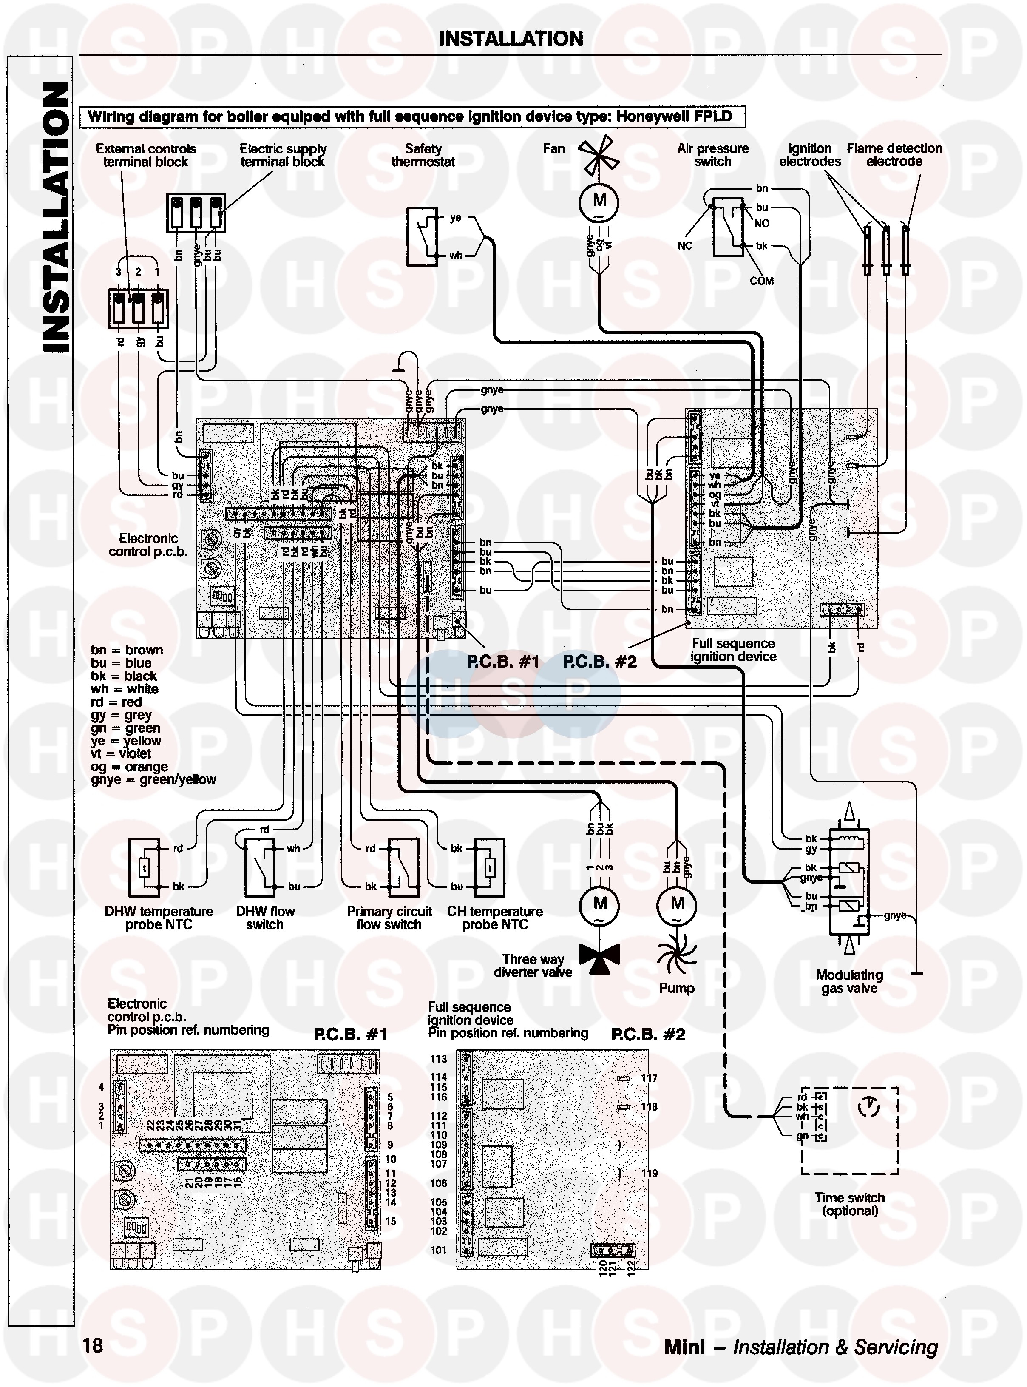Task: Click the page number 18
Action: (93, 1345)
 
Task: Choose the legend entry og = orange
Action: (129, 767)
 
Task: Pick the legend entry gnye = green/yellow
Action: (153, 780)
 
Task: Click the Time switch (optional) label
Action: (849, 1204)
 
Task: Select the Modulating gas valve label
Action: (849, 981)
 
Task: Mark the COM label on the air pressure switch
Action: (761, 281)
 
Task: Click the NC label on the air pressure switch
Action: (684, 246)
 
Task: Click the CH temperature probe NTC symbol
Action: (490, 867)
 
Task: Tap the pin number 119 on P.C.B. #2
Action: (649, 1174)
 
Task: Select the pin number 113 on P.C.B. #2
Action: (438, 1059)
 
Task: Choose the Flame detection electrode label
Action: (894, 155)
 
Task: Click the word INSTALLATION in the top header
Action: (511, 39)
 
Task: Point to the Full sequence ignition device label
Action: (734, 650)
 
